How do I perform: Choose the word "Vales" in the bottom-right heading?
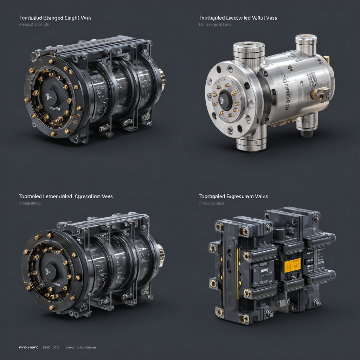tap(261, 196)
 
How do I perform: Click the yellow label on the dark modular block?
tap(292, 265)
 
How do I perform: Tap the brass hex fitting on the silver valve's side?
tap(321, 96)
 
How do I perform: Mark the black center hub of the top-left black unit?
tap(52, 96)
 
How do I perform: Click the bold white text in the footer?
tap(28, 347)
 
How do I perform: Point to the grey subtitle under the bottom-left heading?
tap(30, 203)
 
